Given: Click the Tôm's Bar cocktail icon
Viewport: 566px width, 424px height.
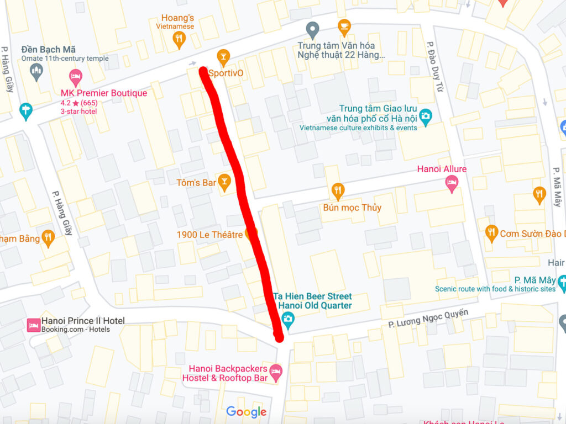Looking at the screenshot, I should (x=224, y=182).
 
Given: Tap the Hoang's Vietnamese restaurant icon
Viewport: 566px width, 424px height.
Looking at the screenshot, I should (x=178, y=38).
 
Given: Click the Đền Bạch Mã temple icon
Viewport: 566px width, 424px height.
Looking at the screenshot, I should (x=36, y=71).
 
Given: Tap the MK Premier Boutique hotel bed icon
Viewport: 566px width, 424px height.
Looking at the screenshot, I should (x=76, y=77).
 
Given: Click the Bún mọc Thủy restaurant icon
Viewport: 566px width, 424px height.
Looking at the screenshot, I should (x=338, y=191).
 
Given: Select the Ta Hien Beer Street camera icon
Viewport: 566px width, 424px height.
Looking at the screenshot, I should (x=287, y=319).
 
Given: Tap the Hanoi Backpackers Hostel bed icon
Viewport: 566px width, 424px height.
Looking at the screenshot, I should (x=275, y=371).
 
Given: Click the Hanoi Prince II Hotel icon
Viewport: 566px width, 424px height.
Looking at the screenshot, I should (x=34, y=325).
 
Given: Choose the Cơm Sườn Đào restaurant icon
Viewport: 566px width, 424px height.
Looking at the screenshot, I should (x=491, y=233).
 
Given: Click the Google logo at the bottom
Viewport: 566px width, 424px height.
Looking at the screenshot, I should (x=246, y=412).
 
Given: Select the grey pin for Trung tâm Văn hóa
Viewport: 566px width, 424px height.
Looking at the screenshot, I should (x=313, y=30).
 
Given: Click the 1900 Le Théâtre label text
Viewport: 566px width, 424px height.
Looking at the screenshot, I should (x=209, y=235).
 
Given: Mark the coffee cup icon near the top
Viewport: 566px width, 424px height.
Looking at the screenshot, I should (x=344, y=25).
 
